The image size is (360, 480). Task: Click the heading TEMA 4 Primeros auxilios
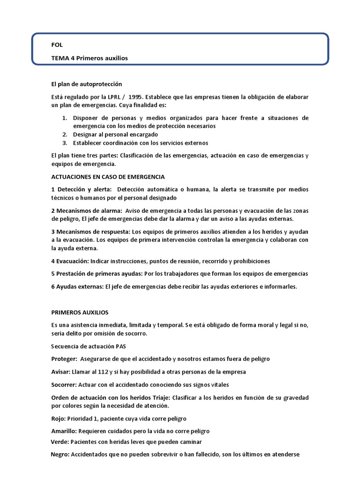(x=90, y=58)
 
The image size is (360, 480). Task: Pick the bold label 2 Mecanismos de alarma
(x=86, y=210)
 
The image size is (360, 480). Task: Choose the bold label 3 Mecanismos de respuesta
(x=91, y=232)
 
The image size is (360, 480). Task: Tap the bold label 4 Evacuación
(x=70, y=261)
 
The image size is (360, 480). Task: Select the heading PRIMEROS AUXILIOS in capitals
(x=80, y=312)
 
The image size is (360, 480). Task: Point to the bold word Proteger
(x=64, y=359)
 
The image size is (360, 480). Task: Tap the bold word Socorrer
(x=63, y=384)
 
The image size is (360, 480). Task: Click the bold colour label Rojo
(x=58, y=419)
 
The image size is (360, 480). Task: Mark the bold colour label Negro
(x=60, y=454)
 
